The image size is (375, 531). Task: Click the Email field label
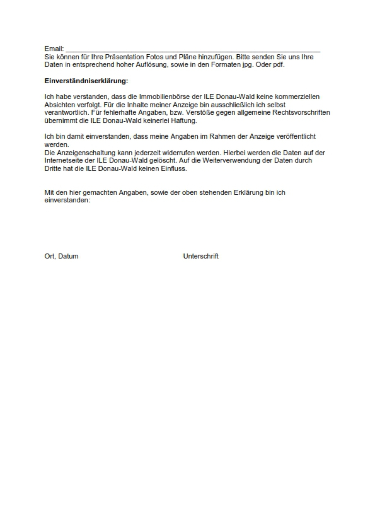click(x=54, y=49)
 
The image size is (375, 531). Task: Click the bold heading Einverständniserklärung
click(x=86, y=81)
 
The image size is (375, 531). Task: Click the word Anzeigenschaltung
click(x=78, y=153)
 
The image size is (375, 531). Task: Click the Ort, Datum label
click(x=62, y=256)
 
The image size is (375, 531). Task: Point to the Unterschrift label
click(x=201, y=256)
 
